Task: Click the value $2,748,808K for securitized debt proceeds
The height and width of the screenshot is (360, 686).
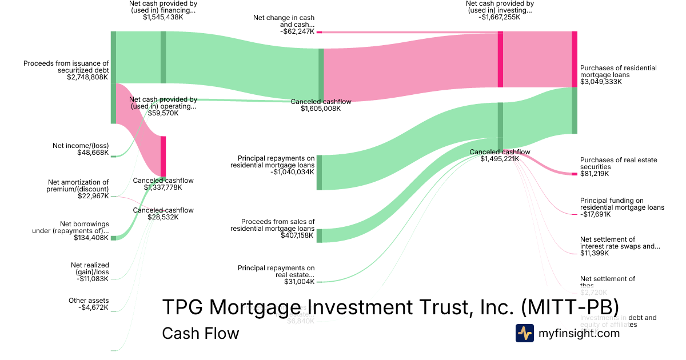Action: [87, 77]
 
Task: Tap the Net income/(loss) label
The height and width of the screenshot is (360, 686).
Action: [81, 146]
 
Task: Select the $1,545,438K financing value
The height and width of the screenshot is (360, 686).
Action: [163, 17]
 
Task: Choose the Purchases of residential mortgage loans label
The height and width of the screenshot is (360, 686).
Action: [618, 71]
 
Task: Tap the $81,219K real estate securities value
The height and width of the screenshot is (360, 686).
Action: [595, 174]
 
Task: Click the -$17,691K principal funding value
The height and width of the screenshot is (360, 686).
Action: [595, 214]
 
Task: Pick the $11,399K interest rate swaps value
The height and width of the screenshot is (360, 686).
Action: [595, 253]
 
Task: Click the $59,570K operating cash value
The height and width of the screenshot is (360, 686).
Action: [163, 113]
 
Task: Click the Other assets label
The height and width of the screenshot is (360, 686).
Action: [88, 301]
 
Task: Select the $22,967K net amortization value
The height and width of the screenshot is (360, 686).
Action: [93, 196]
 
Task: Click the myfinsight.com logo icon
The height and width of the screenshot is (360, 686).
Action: [524, 333]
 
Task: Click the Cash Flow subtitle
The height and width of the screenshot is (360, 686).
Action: [200, 333]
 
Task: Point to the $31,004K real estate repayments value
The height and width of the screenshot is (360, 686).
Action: [299, 282]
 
